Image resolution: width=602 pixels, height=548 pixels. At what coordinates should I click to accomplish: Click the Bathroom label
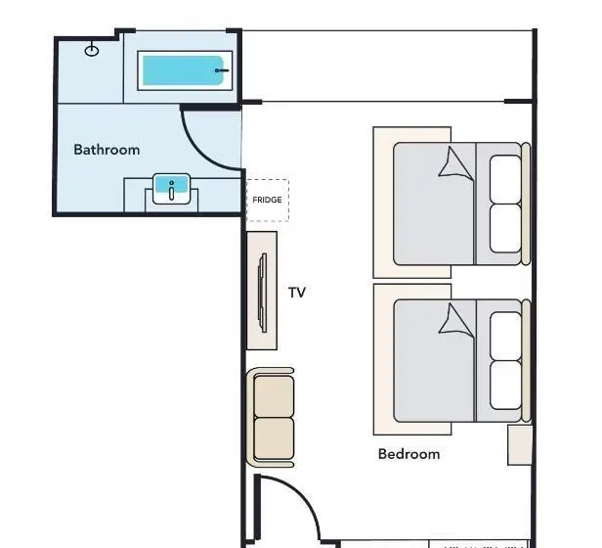[x=107, y=150]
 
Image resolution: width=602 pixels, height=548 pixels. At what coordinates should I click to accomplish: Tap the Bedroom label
[x=408, y=454]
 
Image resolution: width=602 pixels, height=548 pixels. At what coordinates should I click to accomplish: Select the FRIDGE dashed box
[x=267, y=200]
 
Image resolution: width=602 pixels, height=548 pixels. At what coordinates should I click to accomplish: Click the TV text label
[x=297, y=293]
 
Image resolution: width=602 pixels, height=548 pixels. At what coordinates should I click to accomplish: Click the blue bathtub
[x=183, y=70]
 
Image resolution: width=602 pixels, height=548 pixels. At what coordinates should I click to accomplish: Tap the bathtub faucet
[x=222, y=70]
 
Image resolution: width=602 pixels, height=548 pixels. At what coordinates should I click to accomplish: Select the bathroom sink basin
[x=171, y=189]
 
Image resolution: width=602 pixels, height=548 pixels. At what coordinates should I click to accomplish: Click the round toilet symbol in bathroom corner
[x=92, y=50]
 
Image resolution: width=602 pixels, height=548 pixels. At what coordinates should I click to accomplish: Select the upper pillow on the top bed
[x=505, y=179]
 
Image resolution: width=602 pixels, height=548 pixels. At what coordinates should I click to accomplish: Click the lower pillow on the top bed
[x=505, y=228]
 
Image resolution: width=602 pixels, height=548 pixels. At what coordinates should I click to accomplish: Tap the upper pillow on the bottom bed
[x=505, y=336]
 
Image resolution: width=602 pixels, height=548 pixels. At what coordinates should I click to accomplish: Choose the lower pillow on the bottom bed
[x=505, y=386]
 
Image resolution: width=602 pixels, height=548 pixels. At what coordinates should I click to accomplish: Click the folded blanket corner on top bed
[x=456, y=164]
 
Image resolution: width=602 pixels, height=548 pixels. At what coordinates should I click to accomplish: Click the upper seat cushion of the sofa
[x=274, y=396]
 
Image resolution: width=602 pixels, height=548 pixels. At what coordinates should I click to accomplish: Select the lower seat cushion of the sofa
[x=274, y=438]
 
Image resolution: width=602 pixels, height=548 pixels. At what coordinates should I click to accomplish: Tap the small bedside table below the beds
[x=520, y=445]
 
